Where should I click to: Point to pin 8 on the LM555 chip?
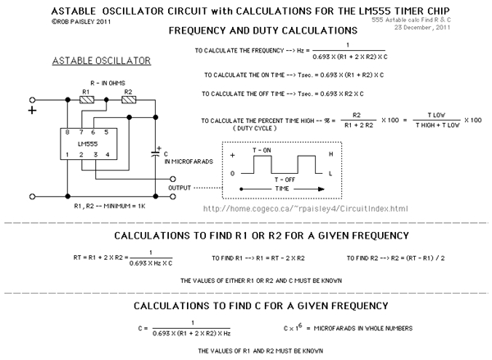pyautogui.click(x=68, y=132)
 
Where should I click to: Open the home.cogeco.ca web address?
pyautogui.click(x=304, y=208)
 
